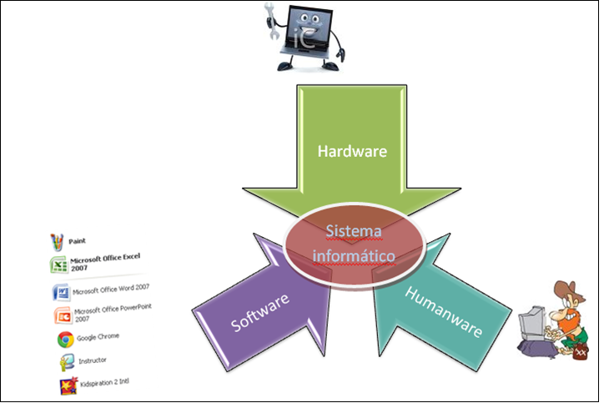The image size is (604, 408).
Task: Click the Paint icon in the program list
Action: coord(57,242)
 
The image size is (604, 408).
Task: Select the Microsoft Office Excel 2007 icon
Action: coord(58,266)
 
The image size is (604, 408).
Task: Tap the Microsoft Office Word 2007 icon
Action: coord(60,292)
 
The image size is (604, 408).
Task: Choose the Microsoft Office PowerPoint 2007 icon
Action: coord(61,315)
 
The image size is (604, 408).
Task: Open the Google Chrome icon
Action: coord(63,339)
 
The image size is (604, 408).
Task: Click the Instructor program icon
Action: coord(66,362)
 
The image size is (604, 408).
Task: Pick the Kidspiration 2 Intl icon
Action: coord(68,385)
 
